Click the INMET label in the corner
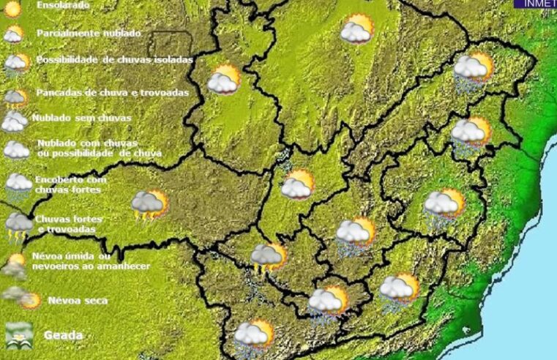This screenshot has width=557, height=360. [x=537, y=4]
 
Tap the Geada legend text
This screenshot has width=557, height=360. [x=63, y=335]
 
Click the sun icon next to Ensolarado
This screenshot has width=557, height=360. [x=12, y=9]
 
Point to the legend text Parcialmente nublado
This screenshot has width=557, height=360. [x=89, y=34]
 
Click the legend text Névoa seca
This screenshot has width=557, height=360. [x=77, y=300]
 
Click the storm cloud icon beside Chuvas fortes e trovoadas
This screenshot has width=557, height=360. [x=18, y=225]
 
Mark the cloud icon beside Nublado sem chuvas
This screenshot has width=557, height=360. [x=14, y=121]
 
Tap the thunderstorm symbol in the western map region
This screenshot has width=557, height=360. [x=149, y=205]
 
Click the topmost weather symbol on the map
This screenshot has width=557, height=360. [x=356, y=29]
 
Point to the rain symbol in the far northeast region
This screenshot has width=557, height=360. [x=472, y=71]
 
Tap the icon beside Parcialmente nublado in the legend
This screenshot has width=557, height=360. [x=13, y=34]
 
